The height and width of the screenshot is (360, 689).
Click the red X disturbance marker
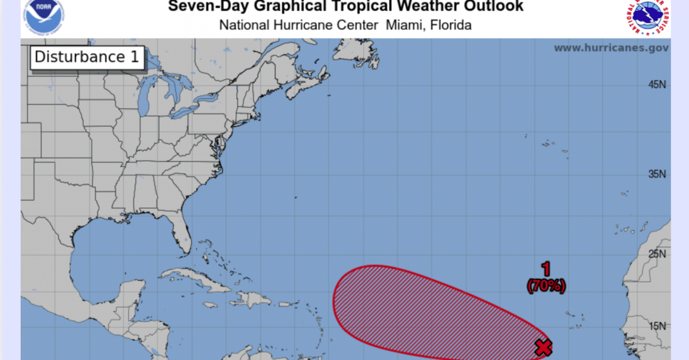click(544, 348)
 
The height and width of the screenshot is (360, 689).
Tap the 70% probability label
click(546, 286)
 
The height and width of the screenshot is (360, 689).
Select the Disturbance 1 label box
click(86, 57)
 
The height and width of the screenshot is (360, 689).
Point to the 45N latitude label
click(657, 85)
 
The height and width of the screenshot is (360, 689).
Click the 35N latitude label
click(657, 174)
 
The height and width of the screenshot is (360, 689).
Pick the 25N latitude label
click(657, 254)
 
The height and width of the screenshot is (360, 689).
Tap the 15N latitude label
click(657, 326)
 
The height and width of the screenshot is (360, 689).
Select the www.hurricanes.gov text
click(611, 48)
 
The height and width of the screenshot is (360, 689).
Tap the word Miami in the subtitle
click(403, 26)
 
